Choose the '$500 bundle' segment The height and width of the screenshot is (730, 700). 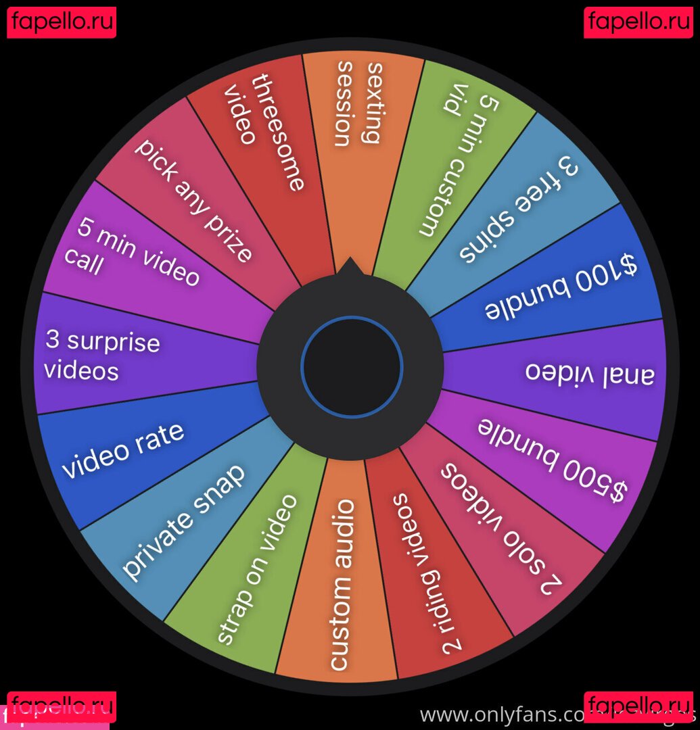(552, 462)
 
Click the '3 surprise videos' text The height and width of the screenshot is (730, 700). (101, 356)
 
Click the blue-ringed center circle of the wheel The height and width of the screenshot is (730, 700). (352, 367)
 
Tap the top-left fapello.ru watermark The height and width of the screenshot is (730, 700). (62, 22)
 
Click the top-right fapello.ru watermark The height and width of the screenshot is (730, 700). (638, 22)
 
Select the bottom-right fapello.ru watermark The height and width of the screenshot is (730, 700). (638, 706)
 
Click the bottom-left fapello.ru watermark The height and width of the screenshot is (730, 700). (62, 706)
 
